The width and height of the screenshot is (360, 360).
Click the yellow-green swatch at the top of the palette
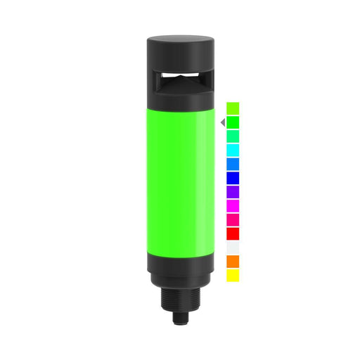[x=233, y=108]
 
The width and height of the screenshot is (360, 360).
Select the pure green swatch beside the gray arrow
[x=233, y=122]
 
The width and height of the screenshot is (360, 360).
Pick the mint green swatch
[x=233, y=136]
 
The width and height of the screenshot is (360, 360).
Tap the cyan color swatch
[x=233, y=150]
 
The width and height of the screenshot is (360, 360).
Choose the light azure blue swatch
[x=233, y=164]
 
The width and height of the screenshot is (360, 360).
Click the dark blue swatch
[x=233, y=178]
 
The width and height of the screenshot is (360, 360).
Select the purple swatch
[x=233, y=191]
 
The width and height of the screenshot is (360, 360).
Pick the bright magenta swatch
[x=233, y=205]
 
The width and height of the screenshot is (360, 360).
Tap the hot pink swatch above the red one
[x=233, y=219]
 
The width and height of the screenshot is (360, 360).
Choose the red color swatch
[x=233, y=233]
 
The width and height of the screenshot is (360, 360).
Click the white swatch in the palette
[x=233, y=247]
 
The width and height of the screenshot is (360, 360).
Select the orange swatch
[x=233, y=262]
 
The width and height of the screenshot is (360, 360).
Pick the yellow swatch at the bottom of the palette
[x=233, y=276]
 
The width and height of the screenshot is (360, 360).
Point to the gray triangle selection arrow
[x=222, y=122]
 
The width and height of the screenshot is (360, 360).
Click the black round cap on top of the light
[x=180, y=49]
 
